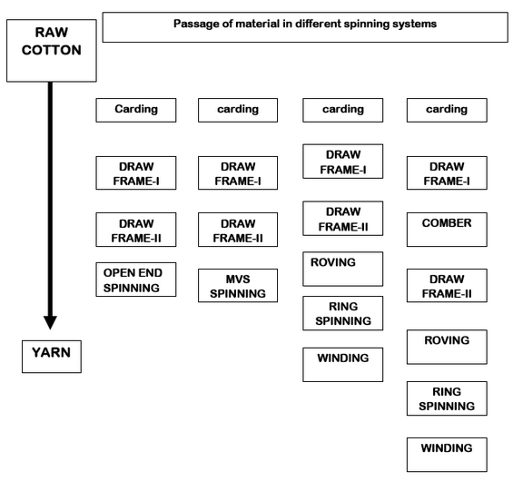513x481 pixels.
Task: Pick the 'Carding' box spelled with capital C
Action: pyautogui.click(x=134, y=110)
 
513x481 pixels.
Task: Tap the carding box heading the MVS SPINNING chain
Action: pyautogui.click(x=237, y=110)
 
